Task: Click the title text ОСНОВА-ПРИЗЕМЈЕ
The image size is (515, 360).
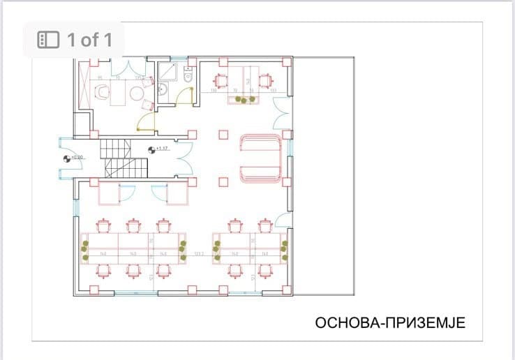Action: click(x=390, y=323)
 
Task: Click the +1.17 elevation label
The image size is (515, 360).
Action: click(x=163, y=148)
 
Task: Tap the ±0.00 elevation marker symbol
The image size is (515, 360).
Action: click(x=68, y=158)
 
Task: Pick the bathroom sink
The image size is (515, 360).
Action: click(x=162, y=89)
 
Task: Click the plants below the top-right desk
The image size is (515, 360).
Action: click(x=244, y=100)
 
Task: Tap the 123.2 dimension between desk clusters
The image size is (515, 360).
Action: click(x=199, y=254)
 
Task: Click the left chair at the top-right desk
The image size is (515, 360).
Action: click(x=222, y=80)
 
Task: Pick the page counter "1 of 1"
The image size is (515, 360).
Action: click(x=89, y=39)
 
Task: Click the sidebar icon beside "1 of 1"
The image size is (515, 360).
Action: click(x=47, y=39)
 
